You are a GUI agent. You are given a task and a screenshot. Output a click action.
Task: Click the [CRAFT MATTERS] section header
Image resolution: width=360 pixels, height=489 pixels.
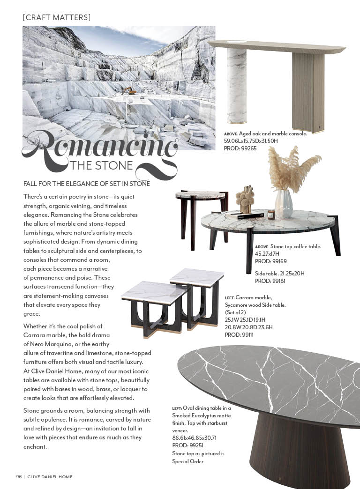57,17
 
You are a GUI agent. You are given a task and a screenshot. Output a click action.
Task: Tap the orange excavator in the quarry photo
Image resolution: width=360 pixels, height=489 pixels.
128,90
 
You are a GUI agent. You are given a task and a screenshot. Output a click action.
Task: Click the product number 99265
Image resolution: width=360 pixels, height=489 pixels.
247,148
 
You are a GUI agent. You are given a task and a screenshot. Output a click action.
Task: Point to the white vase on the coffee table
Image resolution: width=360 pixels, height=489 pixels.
284,204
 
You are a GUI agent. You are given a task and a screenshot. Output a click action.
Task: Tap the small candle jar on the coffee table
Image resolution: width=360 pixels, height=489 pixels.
271,215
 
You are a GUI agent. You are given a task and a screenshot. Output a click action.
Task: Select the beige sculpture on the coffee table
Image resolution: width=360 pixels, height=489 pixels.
245,200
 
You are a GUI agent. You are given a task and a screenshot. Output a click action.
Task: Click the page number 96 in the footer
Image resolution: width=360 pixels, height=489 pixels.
19,477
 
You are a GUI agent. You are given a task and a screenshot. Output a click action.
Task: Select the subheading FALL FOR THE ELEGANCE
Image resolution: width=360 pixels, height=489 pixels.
87,184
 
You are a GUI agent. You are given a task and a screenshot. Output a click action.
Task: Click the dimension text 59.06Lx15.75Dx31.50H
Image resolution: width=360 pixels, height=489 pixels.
251,141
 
